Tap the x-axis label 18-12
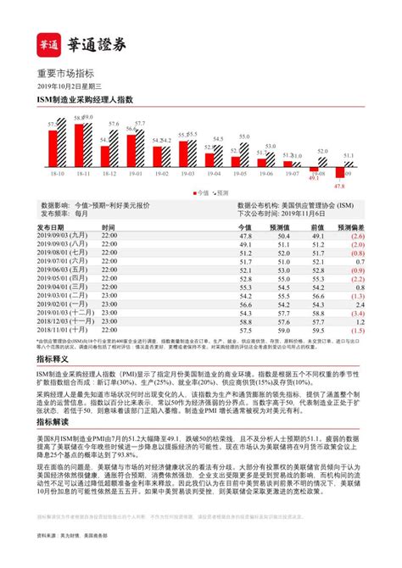109,173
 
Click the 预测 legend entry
221,192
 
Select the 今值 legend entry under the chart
201,192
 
